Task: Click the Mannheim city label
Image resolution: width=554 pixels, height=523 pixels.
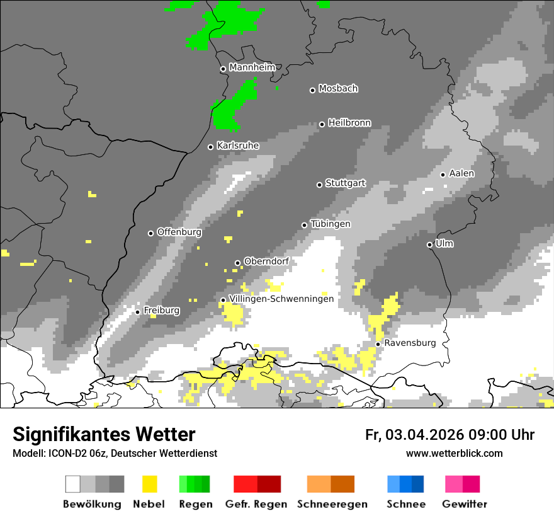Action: (252, 67)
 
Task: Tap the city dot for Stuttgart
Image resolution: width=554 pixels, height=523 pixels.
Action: (319, 185)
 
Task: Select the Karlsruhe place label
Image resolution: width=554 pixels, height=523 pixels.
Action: (237, 146)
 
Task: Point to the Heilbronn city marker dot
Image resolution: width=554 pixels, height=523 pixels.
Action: (322, 124)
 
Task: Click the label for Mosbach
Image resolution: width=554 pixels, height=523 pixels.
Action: (338, 89)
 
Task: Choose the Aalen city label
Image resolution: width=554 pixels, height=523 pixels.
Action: (461, 173)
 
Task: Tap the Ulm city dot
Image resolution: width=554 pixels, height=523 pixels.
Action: (429, 244)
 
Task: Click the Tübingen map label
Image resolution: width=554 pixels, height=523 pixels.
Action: (331, 224)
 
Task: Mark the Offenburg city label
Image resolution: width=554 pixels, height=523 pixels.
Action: (179, 232)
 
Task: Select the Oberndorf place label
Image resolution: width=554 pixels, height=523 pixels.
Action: (266, 261)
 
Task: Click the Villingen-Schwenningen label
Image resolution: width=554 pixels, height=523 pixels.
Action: (281, 299)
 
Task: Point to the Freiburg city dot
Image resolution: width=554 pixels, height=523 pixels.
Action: (137, 312)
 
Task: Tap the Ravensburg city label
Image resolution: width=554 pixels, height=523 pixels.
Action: (410, 343)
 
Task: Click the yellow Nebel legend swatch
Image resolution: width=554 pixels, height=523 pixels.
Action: (149, 484)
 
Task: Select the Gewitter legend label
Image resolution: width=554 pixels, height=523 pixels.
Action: (464, 504)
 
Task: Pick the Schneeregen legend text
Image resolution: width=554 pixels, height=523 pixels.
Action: (332, 504)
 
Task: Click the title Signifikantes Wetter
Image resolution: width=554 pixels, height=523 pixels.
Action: (104, 435)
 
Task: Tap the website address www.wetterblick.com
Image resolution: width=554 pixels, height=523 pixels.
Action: (454, 453)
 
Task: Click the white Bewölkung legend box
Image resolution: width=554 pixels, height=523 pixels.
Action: (73, 484)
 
